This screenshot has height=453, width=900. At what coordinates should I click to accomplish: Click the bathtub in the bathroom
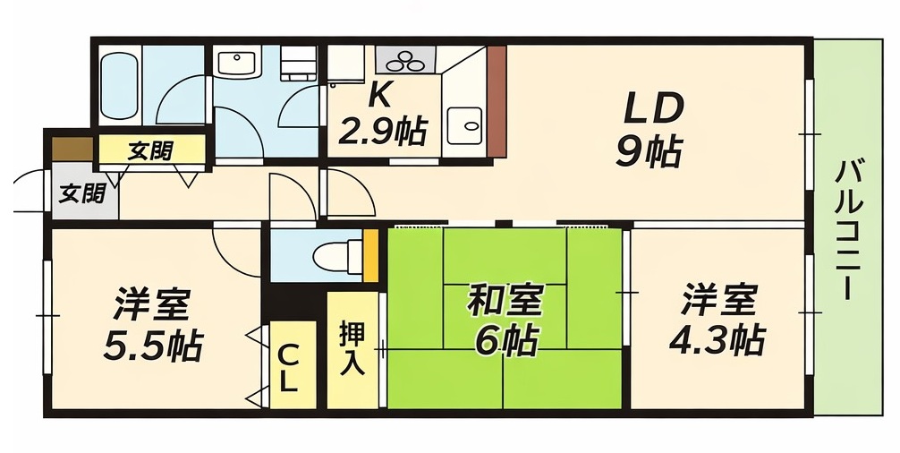pos(118,87)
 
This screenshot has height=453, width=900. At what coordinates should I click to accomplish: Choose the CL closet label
pos(288,367)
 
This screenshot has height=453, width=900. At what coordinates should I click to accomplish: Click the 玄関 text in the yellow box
pos(149,150)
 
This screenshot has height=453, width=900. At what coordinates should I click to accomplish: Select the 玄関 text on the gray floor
pos(82,192)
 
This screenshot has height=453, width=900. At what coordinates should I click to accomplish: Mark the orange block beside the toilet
pos(370,255)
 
